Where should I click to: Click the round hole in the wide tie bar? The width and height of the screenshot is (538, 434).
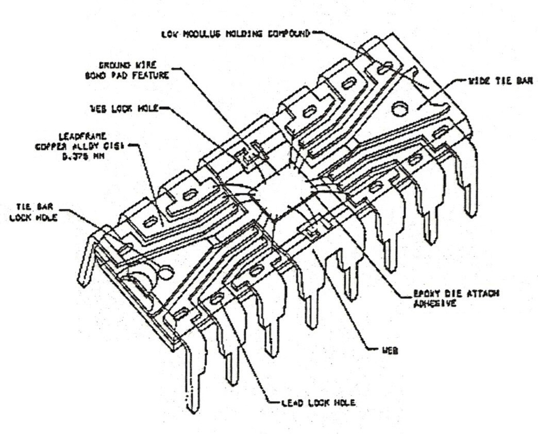click(x=398, y=108)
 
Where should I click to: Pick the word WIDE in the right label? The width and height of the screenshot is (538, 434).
click(x=479, y=81)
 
